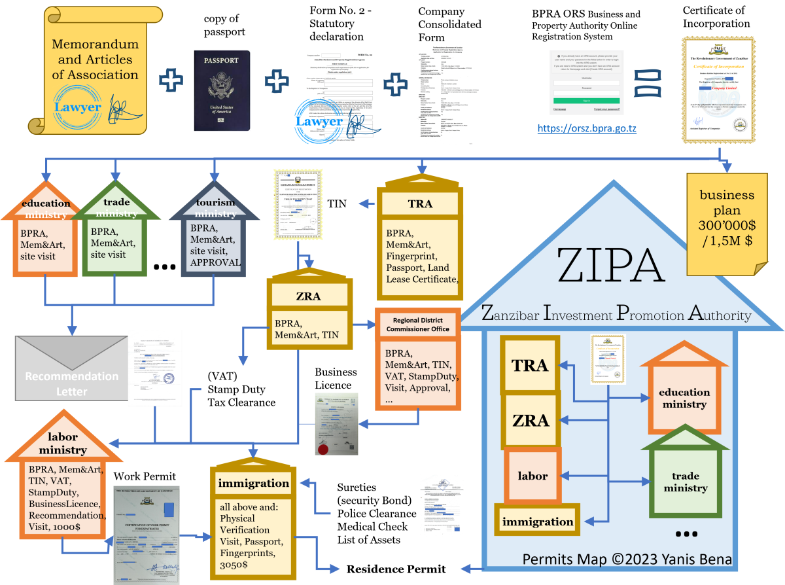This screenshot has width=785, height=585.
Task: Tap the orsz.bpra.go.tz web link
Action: click(x=587, y=129)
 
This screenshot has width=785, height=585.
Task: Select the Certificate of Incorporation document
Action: click(x=719, y=90)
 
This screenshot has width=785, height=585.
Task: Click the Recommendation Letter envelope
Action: click(x=72, y=368)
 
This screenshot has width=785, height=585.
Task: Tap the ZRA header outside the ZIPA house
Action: click(x=308, y=296)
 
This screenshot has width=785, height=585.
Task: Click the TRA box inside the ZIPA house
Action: click(x=529, y=366)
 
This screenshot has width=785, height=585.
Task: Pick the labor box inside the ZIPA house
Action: click(x=532, y=476)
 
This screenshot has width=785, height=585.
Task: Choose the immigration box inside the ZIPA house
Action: click(x=537, y=522)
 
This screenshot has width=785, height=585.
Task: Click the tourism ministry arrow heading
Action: click(x=215, y=209)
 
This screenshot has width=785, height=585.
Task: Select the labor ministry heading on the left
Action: click(x=63, y=443)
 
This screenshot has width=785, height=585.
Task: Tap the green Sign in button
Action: click(x=586, y=101)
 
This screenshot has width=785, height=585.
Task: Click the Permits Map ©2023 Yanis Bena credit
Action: click(x=627, y=559)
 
